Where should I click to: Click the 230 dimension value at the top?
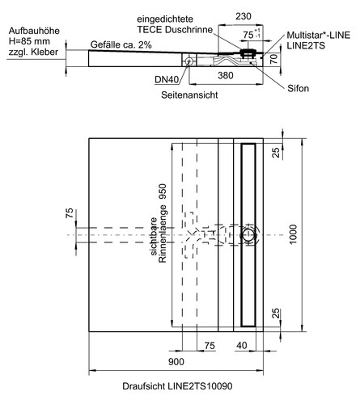tap(244, 16)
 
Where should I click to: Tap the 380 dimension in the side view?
tap(226, 76)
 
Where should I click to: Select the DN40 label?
tap(167, 80)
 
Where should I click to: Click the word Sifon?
tap(298, 88)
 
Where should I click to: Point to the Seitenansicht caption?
tap(189, 95)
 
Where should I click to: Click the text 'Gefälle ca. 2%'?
tap(121, 44)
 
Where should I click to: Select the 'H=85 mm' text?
tap(29, 41)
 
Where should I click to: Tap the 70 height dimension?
tap(273, 59)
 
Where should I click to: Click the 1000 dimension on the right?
tap(293, 234)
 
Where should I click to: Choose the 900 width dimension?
tap(176, 362)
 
